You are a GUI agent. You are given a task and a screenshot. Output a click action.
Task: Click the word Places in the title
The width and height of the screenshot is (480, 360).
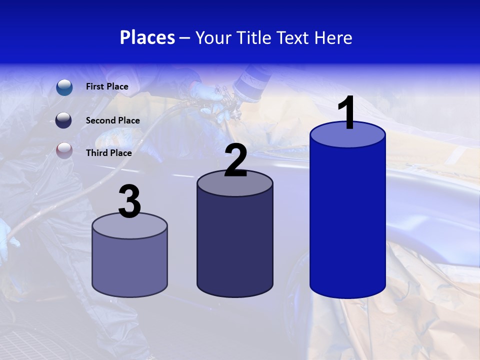147,37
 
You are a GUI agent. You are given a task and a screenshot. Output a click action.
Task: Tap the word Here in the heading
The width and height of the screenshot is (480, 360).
333,37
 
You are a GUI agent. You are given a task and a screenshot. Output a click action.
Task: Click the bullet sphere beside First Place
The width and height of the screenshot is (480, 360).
64,87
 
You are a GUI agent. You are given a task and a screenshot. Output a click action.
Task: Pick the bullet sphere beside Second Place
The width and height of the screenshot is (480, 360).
63,120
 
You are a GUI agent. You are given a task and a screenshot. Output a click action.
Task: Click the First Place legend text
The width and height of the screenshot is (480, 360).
107,86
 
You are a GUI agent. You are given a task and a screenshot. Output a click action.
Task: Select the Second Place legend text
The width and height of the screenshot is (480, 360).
112,120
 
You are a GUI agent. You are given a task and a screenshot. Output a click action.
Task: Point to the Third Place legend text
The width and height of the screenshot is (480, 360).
108,153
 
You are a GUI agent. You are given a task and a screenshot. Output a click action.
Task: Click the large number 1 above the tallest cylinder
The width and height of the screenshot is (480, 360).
346,112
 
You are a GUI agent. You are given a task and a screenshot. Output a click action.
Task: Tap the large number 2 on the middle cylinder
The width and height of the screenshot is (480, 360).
236,160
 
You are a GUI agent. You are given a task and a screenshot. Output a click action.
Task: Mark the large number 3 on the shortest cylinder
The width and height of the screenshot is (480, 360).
130,202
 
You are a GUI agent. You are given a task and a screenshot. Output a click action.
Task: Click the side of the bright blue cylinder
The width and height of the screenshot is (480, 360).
347,220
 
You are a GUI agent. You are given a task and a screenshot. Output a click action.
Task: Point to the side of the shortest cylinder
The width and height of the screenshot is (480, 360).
129,265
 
